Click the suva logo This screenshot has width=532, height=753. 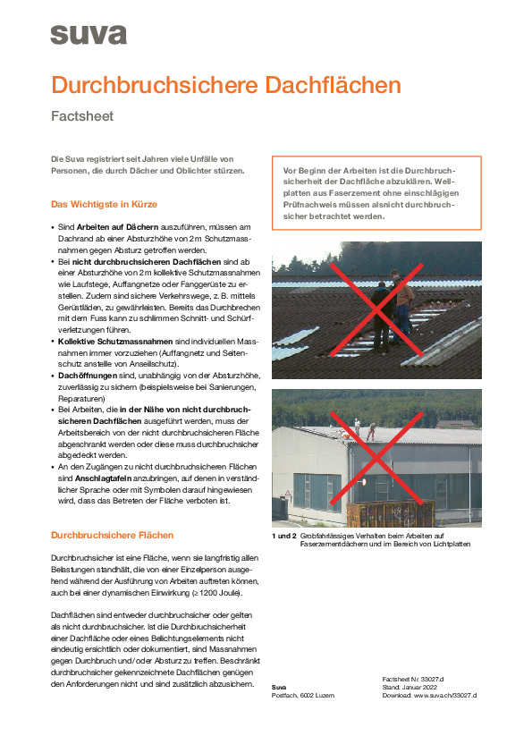pyautogui.click(x=89, y=35)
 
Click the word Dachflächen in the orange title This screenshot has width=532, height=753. pyautogui.click(x=333, y=85)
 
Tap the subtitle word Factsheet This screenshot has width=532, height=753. pyautogui.click(x=82, y=116)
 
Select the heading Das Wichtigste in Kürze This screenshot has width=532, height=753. pyautogui.click(x=105, y=204)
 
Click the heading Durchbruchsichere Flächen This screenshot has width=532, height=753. pyautogui.click(x=113, y=535)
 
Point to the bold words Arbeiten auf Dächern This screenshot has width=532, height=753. pyautogui.click(x=118, y=226)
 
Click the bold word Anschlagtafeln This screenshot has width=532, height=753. pyautogui.click(x=103, y=478)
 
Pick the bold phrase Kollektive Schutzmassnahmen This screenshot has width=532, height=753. pyautogui.click(x=115, y=342)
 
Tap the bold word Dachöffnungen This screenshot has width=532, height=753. pyautogui.click(x=88, y=376)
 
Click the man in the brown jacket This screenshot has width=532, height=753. pyautogui.click(x=402, y=303)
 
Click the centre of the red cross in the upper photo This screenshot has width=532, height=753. pyautogui.click(x=376, y=309)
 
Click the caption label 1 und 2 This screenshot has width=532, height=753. pyautogui.click(x=283, y=536)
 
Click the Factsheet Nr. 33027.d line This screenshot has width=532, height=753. pyautogui.click(x=413, y=680)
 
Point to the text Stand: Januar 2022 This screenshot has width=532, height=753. pyautogui.click(x=410, y=687)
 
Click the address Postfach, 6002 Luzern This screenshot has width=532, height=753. pyautogui.click(x=303, y=696)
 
